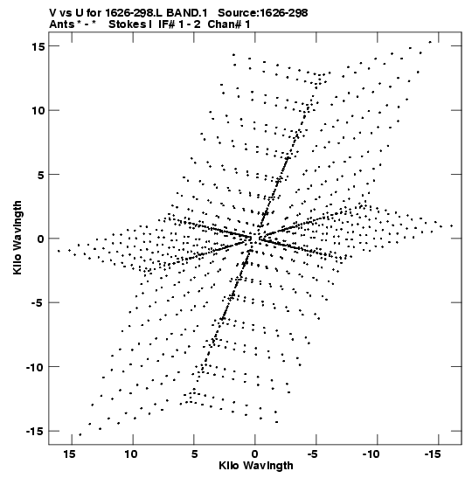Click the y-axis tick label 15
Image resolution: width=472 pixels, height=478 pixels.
coord(38,46)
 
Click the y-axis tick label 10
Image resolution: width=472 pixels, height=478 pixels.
coord(38,110)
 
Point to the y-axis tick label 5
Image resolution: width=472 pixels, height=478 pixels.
coord(41,175)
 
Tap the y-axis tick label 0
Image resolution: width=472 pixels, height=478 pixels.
coord(41,239)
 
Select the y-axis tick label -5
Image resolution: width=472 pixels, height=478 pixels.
coord(38,302)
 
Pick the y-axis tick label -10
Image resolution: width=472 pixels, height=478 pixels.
coord(35,367)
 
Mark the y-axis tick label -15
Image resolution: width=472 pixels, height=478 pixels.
coord(35,432)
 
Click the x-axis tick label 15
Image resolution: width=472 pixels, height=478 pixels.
coord(69,454)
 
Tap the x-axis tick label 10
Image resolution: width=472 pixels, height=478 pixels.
coord(130,454)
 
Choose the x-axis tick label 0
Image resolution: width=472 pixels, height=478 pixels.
coord(255,454)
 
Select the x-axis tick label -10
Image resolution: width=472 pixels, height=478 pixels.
coord(371,454)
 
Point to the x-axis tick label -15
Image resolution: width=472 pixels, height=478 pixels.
coord(433,454)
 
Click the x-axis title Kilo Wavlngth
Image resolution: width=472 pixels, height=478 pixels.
coord(256,466)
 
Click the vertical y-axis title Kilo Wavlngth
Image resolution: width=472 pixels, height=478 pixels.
coord(17,238)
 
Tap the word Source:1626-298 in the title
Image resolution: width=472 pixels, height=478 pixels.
coord(263,13)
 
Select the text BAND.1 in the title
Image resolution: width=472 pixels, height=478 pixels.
coord(187,13)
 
